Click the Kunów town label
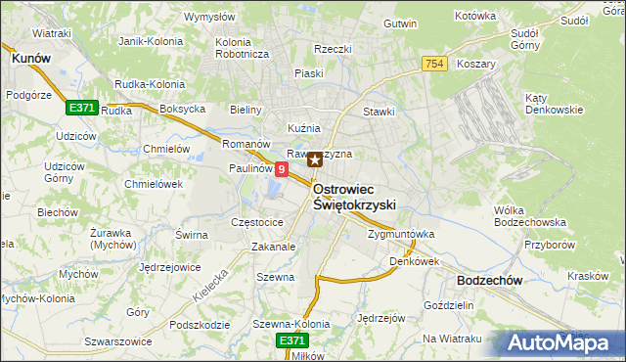pos(30,59)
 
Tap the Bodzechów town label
pos(488,280)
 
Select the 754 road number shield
pos(436,64)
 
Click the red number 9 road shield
pos(282,169)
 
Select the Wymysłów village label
pos(210,17)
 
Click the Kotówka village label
pos(476,17)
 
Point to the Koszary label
pos(475,64)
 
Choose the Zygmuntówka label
pos(401,235)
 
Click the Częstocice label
pos(256,222)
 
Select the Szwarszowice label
pos(118,341)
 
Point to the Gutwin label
pos(400,23)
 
